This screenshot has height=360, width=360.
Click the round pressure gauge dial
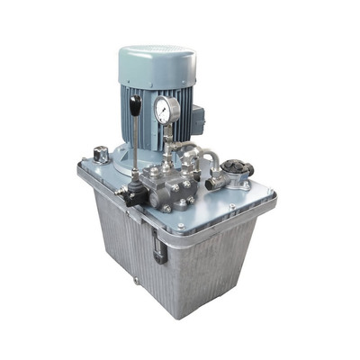(x=166, y=110)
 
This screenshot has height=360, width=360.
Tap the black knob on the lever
(x=135, y=107)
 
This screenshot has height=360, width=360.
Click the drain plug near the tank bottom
(x=136, y=281)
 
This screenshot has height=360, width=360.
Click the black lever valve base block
(x=135, y=191)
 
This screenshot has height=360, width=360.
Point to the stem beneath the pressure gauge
(x=167, y=135)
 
